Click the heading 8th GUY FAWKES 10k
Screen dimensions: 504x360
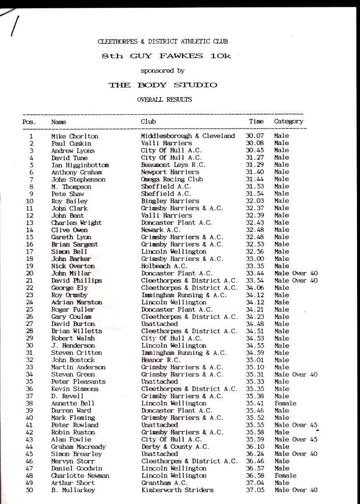coord(166,56)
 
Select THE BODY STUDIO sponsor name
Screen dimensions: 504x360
coord(162,85)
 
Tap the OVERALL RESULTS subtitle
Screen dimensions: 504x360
coord(164,99)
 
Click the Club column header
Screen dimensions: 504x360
coord(148,121)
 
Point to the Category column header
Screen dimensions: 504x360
coord(288,121)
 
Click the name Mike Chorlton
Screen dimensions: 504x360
coord(75,136)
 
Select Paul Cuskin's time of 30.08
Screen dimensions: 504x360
coord(254,143)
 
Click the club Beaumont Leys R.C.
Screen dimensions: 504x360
coord(173,165)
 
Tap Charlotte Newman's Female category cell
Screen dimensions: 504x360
coord(285,475)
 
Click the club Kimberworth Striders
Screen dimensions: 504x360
coord(177,490)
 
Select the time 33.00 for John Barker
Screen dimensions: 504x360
coord(254,259)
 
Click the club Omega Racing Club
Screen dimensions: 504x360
coord(172,180)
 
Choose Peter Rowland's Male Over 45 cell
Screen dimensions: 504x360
coord(296,425)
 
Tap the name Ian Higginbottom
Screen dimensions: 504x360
coord(80,165)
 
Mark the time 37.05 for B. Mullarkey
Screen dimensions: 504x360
coord(254,490)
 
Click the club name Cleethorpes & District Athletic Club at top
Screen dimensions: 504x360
coord(163,42)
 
